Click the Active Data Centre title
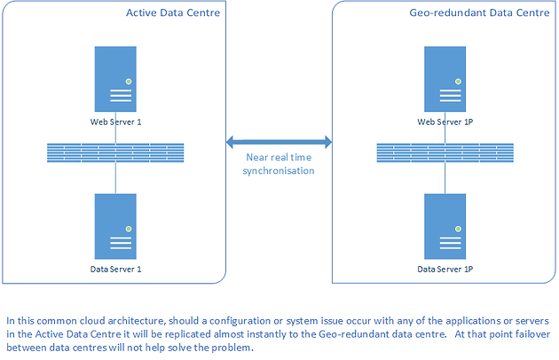coord(173,12)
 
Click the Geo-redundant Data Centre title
coord(479,12)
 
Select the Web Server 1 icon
coord(115,79)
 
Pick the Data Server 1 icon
coord(115,226)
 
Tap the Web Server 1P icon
coord(445,79)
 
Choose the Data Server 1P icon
coord(445,226)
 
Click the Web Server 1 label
coord(116,121)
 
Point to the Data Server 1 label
coord(116,269)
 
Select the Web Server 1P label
coord(445,121)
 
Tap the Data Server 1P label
coord(445,269)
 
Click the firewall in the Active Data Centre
coord(115,153)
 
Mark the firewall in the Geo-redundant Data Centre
coord(445,153)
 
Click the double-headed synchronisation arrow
coord(279,142)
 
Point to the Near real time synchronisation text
coord(279,164)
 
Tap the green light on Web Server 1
coord(129,82)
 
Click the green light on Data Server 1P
coord(458,229)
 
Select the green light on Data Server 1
coord(129,229)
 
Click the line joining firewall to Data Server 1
coord(115,178)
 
